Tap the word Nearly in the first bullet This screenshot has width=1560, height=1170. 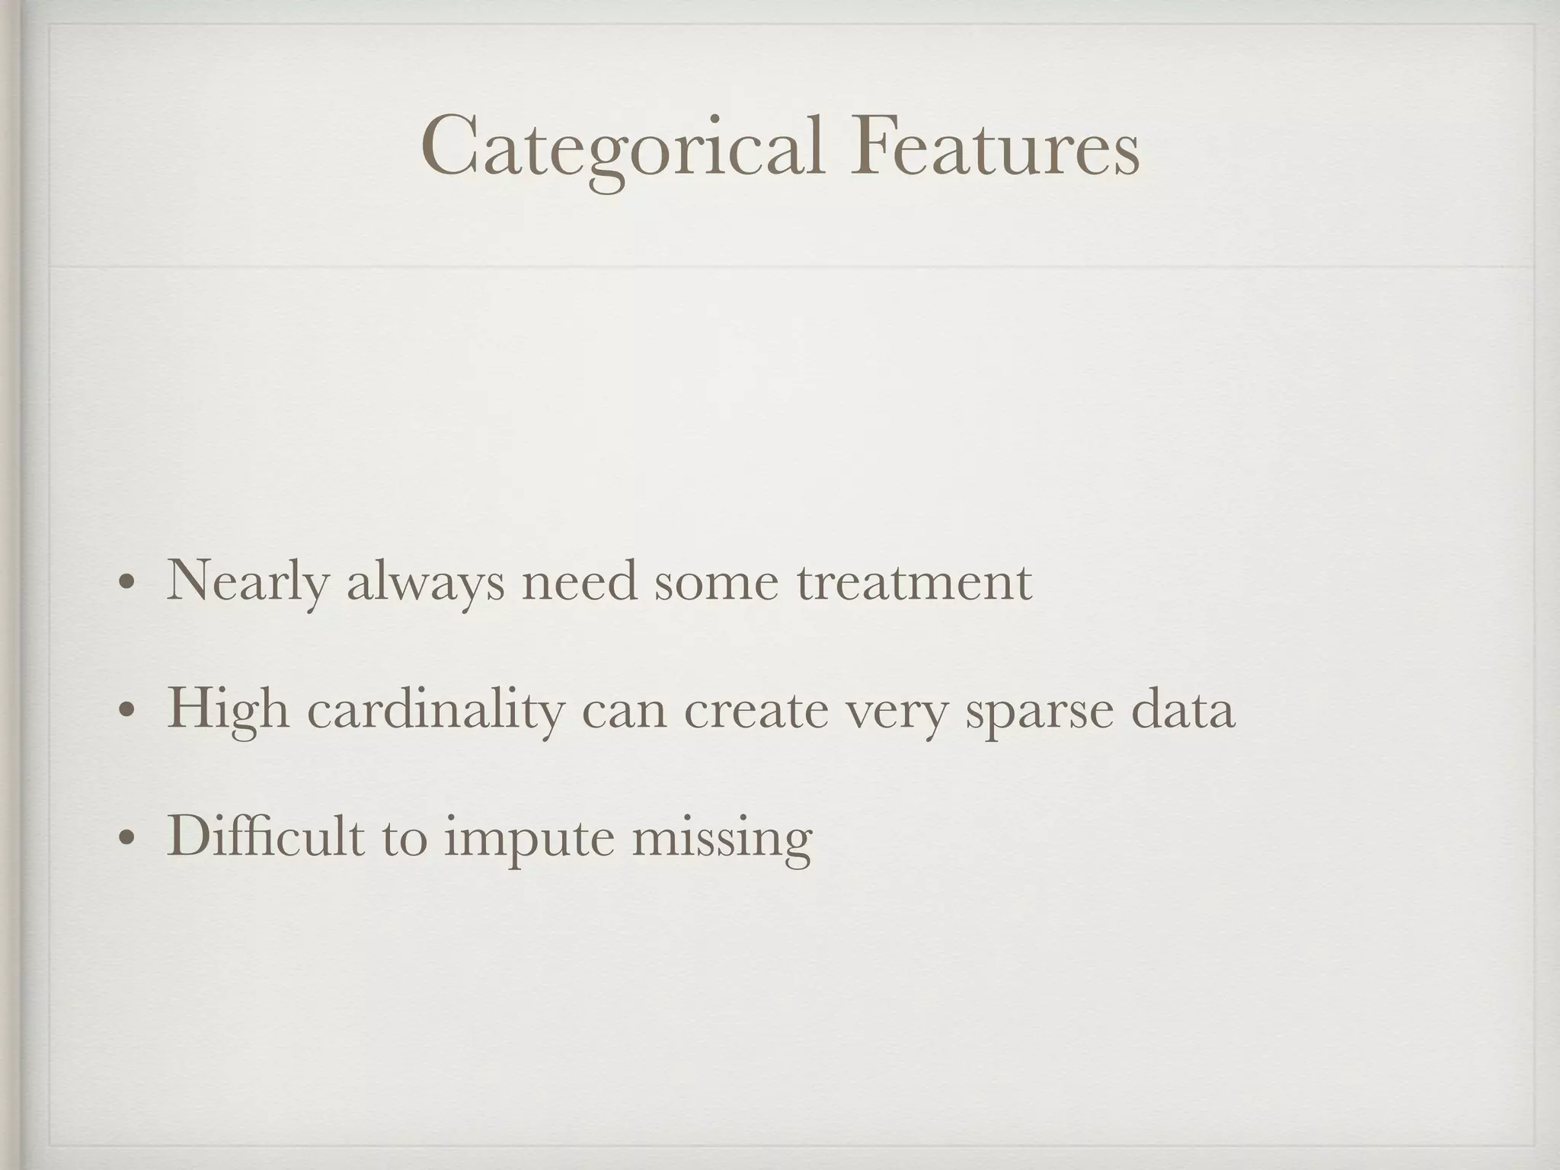tap(248, 583)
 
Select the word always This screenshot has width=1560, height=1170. tap(425, 583)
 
